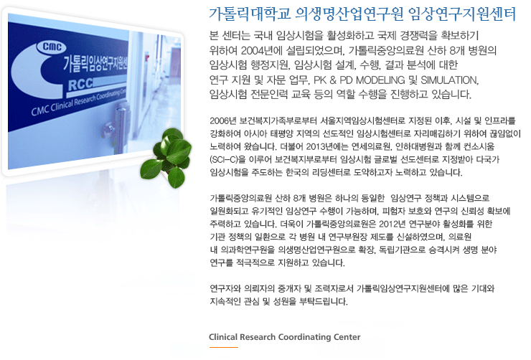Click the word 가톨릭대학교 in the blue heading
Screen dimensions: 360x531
click(245, 14)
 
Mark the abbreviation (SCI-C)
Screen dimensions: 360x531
click(225, 159)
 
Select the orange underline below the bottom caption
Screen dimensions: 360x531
click(223, 347)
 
